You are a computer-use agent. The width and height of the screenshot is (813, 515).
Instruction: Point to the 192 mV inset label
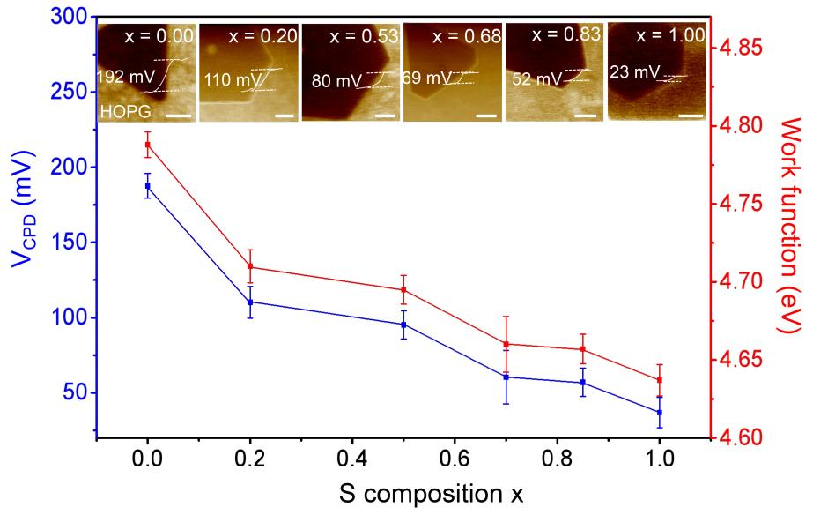point(122,76)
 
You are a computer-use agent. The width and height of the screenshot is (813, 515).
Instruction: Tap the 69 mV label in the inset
point(422,78)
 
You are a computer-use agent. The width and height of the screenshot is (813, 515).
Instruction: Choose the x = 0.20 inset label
point(263,36)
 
